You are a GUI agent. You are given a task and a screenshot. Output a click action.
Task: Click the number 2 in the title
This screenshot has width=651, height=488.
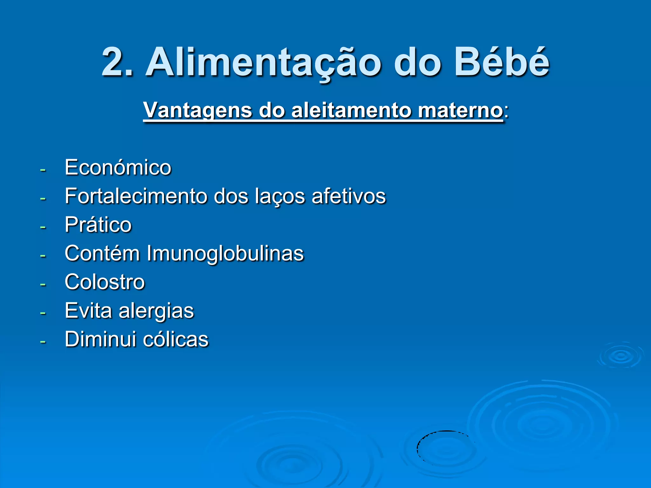coord(115,62)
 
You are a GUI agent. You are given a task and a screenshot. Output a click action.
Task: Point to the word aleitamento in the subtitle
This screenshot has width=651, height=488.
coord(351,110)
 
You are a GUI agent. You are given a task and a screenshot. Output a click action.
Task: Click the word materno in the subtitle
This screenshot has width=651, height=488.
coord(460,110)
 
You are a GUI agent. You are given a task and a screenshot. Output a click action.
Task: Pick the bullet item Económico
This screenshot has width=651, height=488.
coord(118,167)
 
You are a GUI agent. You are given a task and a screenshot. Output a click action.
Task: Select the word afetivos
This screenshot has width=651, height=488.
coord(349,196)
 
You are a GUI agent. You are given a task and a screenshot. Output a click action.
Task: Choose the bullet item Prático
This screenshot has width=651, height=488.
coord(98,225)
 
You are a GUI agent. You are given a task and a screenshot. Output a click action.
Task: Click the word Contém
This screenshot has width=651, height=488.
coord(102,253)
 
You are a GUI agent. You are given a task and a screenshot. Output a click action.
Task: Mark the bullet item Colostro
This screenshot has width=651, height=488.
coord(105,282)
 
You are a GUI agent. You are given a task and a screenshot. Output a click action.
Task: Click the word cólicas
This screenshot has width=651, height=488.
coord(175,339)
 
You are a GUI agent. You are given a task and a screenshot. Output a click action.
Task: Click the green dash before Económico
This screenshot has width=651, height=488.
coord(43,170)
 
